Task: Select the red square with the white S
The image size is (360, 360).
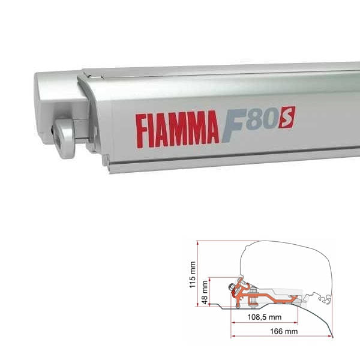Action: coord(288,115)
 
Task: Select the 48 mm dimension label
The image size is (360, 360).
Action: coord(205,292)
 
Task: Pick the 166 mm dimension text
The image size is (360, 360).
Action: coord(281,331)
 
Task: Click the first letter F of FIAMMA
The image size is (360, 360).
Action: coord(142,128)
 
